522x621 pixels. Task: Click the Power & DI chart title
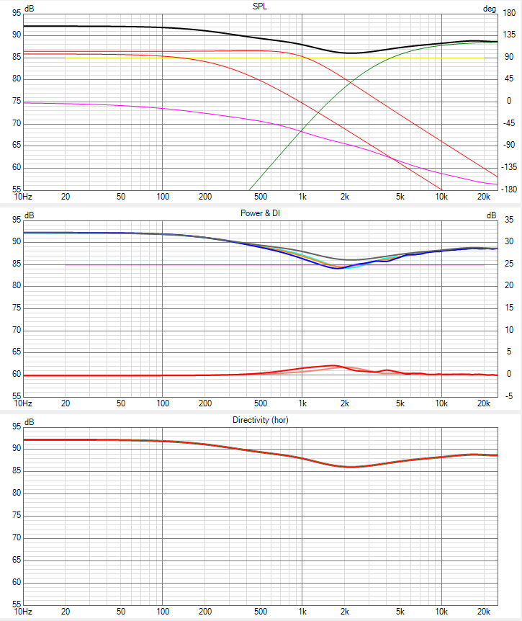coord(261,214)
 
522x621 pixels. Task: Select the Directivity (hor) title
coord(260,420)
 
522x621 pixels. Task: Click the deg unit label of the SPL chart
coord(490,9)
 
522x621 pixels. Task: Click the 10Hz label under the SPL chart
coord(23,197)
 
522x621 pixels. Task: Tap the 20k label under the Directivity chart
coord(484,612)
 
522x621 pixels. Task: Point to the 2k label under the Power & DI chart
coord(345,404)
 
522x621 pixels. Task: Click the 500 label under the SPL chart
coord(260,197)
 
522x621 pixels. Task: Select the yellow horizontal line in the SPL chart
coord(216,58)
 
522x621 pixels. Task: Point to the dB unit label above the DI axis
coord(491,215)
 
